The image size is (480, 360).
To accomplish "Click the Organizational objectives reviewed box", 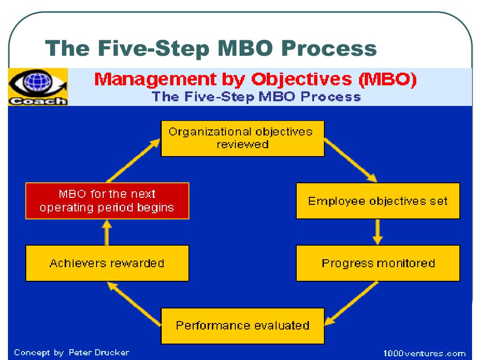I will coord(242,138).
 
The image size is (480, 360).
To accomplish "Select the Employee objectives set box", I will coord(378,201).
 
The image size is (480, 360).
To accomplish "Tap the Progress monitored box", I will coord(378,263).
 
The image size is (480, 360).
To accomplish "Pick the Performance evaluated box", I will coord(242,325).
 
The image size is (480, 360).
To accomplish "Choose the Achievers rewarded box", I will coord(107,263).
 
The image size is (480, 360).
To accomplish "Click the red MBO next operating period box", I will coord(107,201).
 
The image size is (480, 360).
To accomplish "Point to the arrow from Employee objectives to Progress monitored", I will coord(378,232).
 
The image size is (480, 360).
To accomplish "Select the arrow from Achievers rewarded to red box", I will coord(107,232).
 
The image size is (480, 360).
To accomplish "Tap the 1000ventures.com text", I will coord(424,353).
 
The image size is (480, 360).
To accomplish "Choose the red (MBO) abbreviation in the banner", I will coord(387,79).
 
